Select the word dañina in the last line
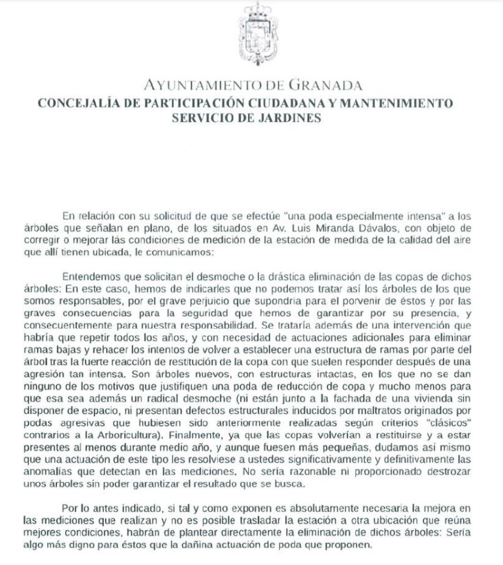coord(249,549)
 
